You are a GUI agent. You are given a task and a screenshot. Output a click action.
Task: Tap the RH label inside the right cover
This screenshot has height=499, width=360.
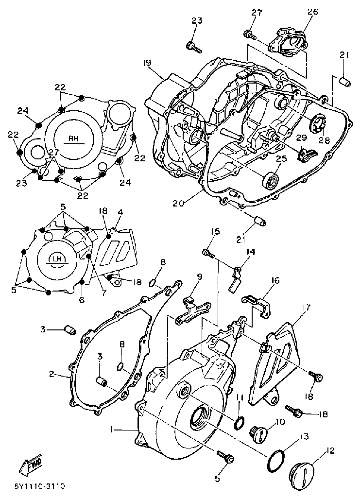coord(73,138)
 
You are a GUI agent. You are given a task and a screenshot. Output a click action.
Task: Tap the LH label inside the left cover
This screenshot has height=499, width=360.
coord(58,259)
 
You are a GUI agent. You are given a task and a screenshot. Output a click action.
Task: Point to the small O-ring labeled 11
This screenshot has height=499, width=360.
coord(239,423)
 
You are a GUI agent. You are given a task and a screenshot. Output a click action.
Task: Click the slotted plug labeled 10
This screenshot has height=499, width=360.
coord(259,432)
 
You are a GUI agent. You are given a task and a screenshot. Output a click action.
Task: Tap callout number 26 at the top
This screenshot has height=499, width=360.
coord(312,12)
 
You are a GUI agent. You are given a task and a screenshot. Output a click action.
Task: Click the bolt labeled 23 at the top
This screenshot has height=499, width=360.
coord(193,47)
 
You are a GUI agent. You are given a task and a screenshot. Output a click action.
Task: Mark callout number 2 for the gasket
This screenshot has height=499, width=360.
coord(51,374)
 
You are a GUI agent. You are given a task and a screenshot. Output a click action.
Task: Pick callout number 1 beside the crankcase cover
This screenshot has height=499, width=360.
coord(112,429)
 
